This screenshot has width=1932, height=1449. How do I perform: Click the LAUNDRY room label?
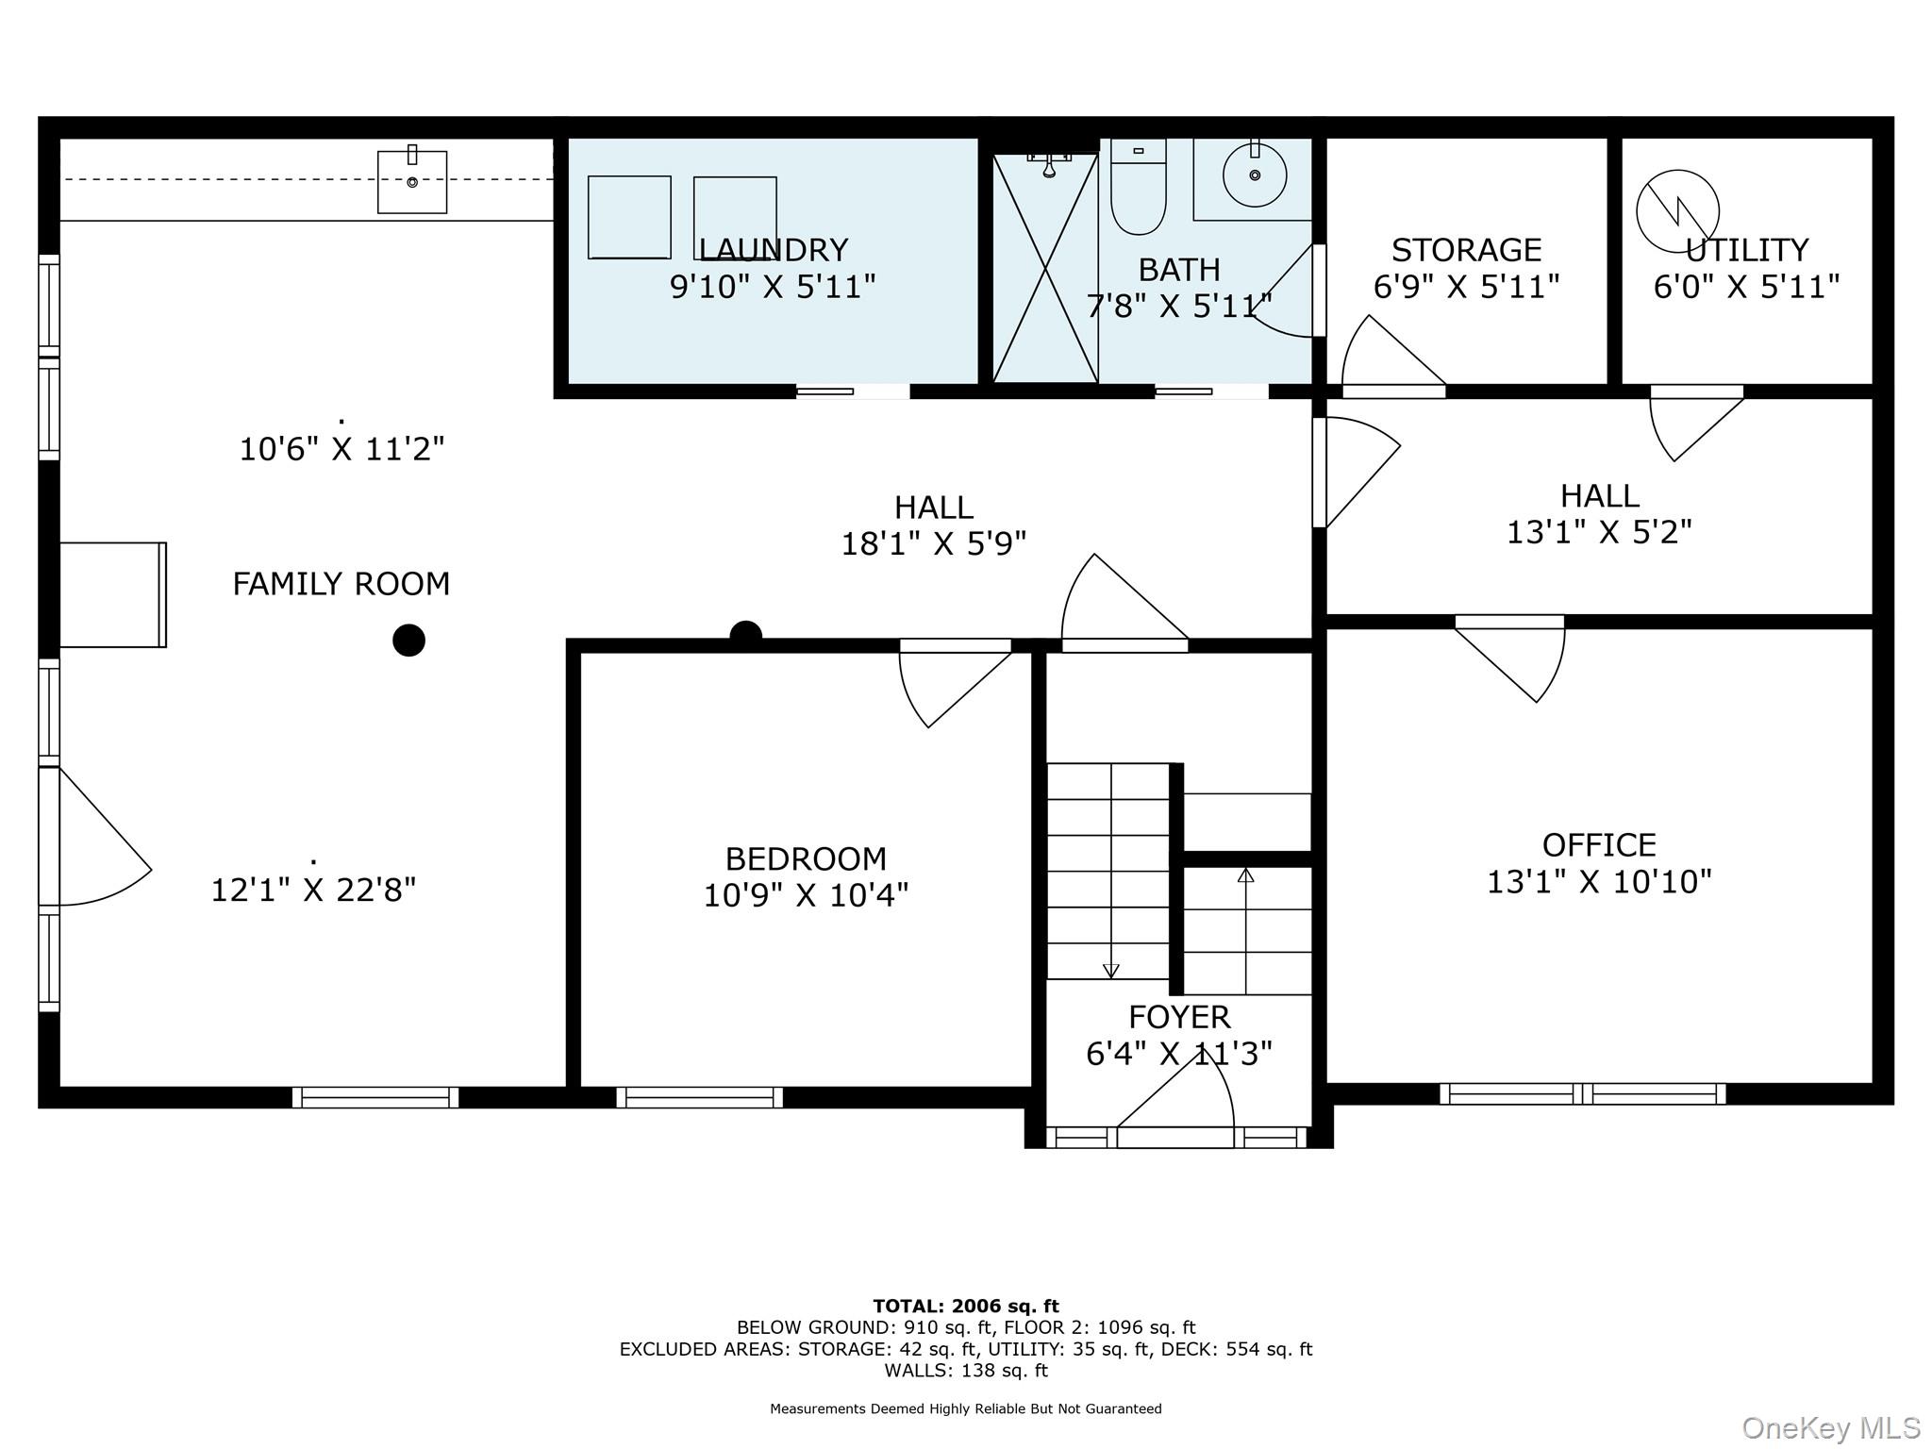(773, 250)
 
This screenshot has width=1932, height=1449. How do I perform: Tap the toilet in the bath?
(1139, 187)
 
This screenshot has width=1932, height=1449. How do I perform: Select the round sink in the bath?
(1255, 175)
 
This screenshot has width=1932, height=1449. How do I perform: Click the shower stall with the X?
(1045, 268)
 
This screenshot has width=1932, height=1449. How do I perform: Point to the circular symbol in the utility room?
(1677, 211)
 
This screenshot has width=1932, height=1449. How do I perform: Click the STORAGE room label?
(1466, 250)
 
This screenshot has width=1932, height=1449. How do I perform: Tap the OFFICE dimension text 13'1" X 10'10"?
(1599, 882)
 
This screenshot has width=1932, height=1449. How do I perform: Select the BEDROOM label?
(806, 858)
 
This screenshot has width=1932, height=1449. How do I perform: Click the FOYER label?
(1179, 1017)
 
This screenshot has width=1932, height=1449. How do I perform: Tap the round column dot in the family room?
(408, 640)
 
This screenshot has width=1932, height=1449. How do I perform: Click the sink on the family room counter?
(412, 181)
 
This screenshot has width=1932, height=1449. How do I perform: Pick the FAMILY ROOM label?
(341, 584)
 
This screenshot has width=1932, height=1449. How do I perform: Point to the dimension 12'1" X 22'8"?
(313, 890)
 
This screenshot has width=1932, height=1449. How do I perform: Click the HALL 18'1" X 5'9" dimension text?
(934, 543)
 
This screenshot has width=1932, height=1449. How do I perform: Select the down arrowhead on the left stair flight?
(1111, 971)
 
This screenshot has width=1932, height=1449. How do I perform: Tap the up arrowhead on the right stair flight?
(1246, 874)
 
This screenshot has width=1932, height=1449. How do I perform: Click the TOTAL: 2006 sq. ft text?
(966, 1307)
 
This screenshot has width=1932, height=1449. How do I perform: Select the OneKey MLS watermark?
(1831, 1427)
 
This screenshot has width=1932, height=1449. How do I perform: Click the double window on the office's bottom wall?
(1583, 1093)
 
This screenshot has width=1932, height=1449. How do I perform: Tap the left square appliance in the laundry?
(629, 217)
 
